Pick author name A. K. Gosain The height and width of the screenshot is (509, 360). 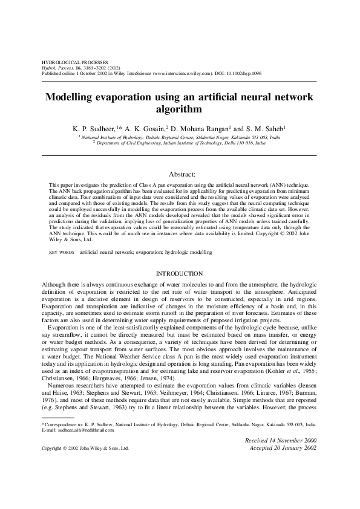143,129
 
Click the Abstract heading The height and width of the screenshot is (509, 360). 179,173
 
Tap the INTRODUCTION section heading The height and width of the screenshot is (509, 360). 179,274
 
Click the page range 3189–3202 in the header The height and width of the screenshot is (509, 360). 93,68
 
